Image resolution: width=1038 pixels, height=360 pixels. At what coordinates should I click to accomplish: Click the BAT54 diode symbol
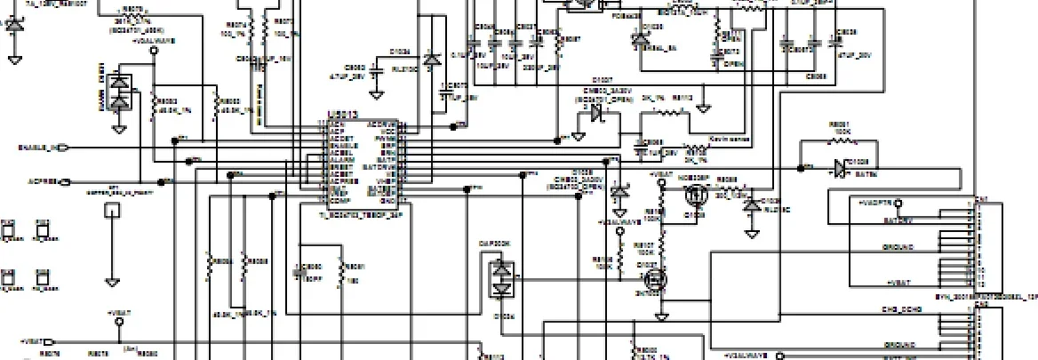pyautogui.click(x=839, y=165)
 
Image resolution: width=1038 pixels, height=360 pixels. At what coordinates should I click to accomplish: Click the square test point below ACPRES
pyautogui.click(x=112, y=211)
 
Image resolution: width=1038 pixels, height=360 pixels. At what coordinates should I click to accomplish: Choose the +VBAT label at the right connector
pyautogui.click(x=898, y=282)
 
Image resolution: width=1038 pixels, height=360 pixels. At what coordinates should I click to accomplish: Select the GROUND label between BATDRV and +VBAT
pyautogui.click(x=898, y=247)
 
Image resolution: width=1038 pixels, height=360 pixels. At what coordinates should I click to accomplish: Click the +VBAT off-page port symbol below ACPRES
pyautogui.click(x=49, y=341)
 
